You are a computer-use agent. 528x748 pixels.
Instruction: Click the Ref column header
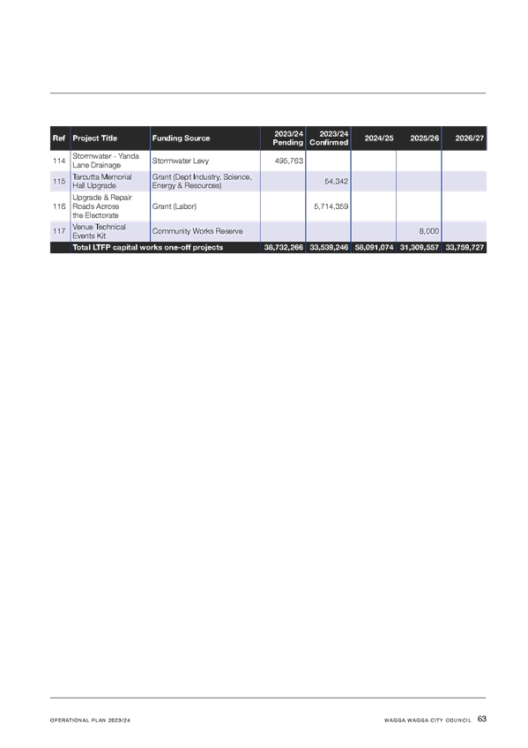tap(58, 138)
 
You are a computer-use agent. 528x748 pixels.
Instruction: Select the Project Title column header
tap(95, 138)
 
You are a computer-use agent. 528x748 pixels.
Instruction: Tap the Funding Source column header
tap(181, 138)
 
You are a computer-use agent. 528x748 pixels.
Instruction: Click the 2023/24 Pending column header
tap(288, 138)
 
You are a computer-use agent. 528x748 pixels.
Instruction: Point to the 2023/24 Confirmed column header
tap(329, 138)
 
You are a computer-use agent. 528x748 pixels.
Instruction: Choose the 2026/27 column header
tap(470, 138)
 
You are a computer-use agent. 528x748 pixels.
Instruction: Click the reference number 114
tap(59, 161)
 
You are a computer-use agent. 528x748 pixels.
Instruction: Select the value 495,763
tap(289, 161)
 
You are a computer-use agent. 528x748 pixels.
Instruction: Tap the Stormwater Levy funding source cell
tap(181, 161)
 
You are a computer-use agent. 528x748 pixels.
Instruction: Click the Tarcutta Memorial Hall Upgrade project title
tap(102, 182)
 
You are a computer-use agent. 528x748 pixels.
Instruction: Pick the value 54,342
tap(337, 182)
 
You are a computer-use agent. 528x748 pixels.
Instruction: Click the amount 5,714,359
tap(331, 206)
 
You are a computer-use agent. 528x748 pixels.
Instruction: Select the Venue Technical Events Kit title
tap(99, 231)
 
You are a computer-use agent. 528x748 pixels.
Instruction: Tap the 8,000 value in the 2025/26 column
tap(429, 231)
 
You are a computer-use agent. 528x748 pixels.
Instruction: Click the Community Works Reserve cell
tap(197, 231)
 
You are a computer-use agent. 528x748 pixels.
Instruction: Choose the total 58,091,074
tap(374, 248)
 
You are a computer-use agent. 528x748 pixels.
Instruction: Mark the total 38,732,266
tap(284, 248)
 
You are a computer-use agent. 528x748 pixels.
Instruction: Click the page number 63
tap(482, 719)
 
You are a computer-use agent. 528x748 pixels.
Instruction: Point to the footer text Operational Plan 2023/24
tap(90, 721)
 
